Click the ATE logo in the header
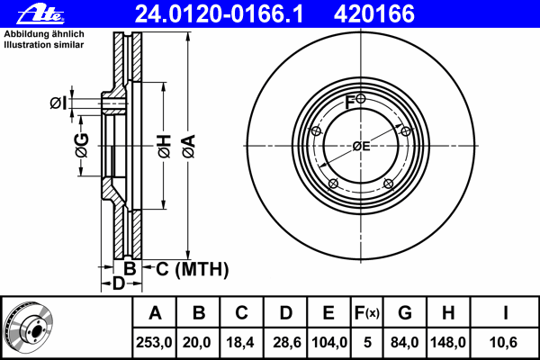tap(40, 14)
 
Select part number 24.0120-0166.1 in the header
tap(219, 14)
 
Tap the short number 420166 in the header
tap(374, 14)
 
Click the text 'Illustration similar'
tap(44, 45)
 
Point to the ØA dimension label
tap(189, 147)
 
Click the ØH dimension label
tap(165, 147)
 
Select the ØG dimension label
tap(82, 145)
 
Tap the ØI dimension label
tap(58, 103)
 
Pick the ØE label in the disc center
tap(361, 147)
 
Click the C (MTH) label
tap(193, 269)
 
